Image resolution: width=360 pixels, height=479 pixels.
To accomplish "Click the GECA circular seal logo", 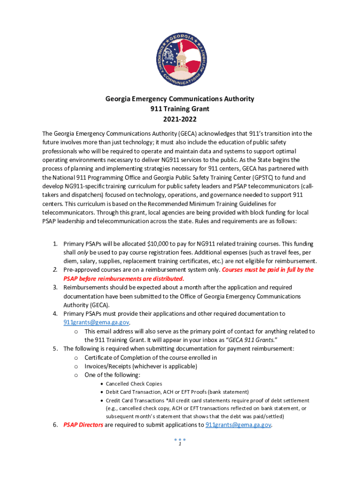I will (x=180, y=53).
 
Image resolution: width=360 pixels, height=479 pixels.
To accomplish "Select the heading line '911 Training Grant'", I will (x=180, y=109).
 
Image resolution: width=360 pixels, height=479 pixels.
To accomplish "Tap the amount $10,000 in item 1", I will (x=159, y=244).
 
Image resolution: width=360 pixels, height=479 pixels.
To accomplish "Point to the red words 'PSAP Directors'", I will (x=83, y=425).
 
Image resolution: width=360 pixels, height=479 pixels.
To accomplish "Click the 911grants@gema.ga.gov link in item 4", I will (x=96, y=322).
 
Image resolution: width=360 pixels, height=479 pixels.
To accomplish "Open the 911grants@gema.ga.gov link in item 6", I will (x=238, y=425).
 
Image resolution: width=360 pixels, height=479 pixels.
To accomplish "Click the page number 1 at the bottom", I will (x=180, y=445).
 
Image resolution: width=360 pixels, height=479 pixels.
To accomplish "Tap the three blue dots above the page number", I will (x=180, y=440).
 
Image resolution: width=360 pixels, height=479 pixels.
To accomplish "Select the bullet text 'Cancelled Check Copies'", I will (x=134, y=384).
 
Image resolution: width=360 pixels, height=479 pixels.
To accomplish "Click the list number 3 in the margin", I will (x=55, y=287).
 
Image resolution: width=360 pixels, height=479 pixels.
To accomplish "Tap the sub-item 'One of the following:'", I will (x=112, y=375).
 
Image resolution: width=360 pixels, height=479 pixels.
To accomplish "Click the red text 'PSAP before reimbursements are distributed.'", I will (x=124, y=278).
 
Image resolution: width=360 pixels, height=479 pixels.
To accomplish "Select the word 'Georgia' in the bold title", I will (x=119, y=99).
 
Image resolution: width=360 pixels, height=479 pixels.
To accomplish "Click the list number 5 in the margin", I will (x=55, y=348).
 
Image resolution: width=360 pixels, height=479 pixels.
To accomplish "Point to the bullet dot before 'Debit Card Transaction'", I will (x=101, y=392).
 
